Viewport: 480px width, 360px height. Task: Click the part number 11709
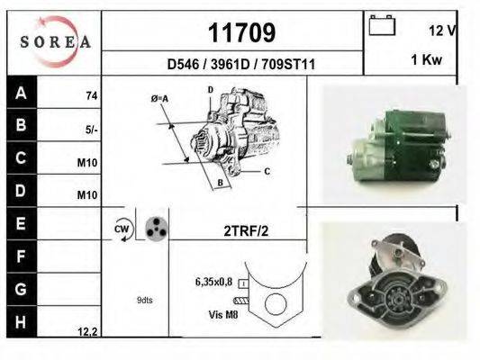click(x=241, y=33)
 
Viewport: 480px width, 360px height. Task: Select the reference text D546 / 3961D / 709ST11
click(x=240, y=65)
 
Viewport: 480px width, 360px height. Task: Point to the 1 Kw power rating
click(x=425, y=59)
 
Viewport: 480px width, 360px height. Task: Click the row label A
click(x=20, y=93)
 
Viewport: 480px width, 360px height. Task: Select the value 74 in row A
click(x=91, y=95)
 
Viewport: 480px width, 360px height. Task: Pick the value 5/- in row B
click(x=91, y=130)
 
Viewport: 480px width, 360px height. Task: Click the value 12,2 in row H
click(x=87, y=332)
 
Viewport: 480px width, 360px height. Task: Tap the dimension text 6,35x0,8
click(x=215, y=281)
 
